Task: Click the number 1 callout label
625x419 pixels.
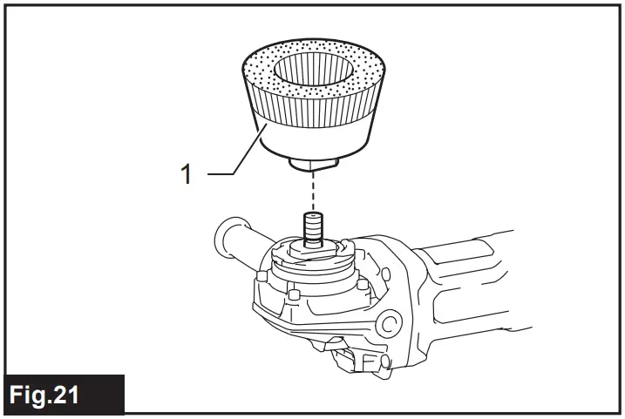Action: point(186,174)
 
